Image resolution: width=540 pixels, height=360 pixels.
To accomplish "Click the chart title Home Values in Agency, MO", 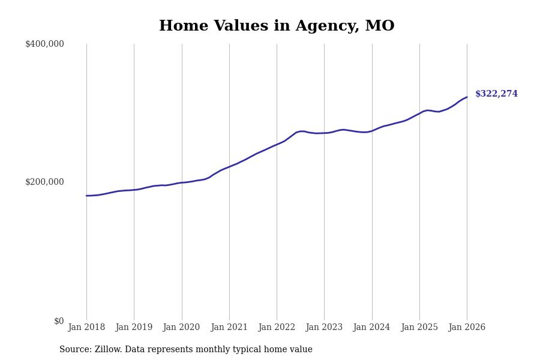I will click(x=277, y=26).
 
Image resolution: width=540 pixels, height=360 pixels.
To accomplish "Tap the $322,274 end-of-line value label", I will click(x=496, y=94).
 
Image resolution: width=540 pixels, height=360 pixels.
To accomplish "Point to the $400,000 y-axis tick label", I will click(x=44, y=44).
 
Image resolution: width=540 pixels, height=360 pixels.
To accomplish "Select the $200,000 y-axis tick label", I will click(x=44, y=182).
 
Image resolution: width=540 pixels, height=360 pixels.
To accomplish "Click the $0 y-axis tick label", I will click(x=59, y=321).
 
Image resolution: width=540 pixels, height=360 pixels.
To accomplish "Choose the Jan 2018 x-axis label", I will click(x=86, y=328).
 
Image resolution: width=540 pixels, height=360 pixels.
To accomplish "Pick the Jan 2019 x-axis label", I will click(x=134, y=328).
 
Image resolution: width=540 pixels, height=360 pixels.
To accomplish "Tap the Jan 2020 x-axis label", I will click(x=181, y=328).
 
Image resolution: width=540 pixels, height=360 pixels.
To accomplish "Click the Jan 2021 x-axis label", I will click(x=229, y=328).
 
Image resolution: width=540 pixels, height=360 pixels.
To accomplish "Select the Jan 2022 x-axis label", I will click(x=277, y=328).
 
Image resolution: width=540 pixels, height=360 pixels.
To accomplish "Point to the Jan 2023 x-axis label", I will click(x=324, y=328).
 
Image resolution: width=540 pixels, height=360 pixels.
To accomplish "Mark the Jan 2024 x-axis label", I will click(x=371, y=328).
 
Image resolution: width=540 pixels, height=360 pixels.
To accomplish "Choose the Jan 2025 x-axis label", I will click(x=419, y=328).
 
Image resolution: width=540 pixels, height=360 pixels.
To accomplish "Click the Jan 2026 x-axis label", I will click(x=467, y=328).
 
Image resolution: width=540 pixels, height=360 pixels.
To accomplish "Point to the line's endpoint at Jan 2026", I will click(x=467, y=97).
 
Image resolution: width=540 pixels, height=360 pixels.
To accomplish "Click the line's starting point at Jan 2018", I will click(x=86, y=196).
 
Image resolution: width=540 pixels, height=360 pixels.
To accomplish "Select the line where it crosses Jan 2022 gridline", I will click(x=277, y=145).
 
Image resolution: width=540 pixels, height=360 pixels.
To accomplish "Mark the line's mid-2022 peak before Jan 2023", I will click(x=302, y=131).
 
